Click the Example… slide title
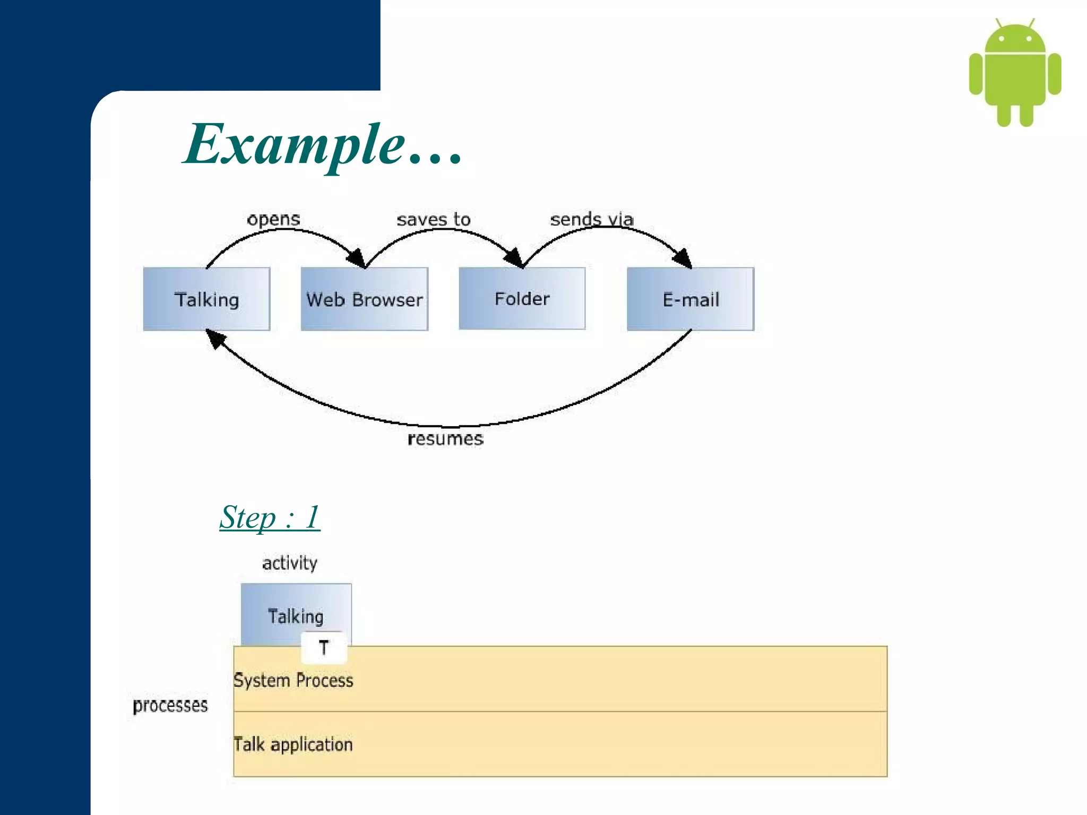pyautogui.click(x=323, y=144)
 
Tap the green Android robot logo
pyautogui.click(x=1014, y=74)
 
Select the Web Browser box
pyautogui.click(x=364, y=299)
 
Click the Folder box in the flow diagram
pyautogui.click(x=522, y=299)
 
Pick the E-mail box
pyautogui.click(x=690, y=299)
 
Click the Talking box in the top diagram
pyautogui.click(x=206, y=299)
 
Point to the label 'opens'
pyautogui.click(x=273, y=219)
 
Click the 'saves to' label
pyautogui.click(x=433, y=219)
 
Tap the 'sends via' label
pyautogui.click(x=591, y=219)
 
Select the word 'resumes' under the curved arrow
pyautogui.click(x=445, y=439)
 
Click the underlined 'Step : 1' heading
pyautogui.click(x=270, y=517)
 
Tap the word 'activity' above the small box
pyautogui.click(x=290, y=562)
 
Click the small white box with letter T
pyautogui.click(x=324, y=648)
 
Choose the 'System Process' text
pyautogui.click(x=294, y=680)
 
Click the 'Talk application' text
pyautogui.click(x=294, y=744)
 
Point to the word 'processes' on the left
pyautogui.click(x=170, y=705)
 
